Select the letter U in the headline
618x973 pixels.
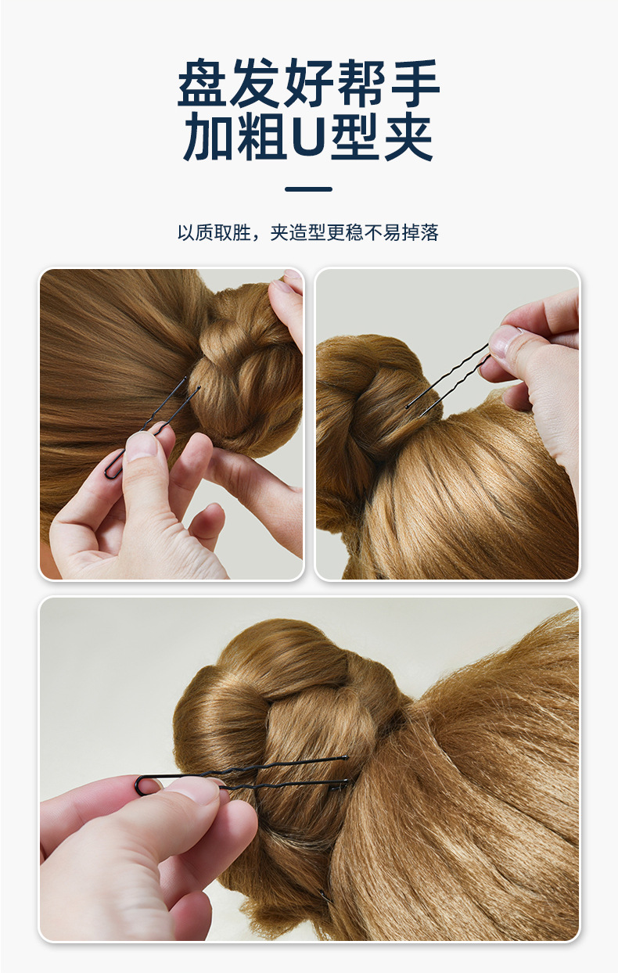click(308, 136)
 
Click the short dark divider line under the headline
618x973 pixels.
click(309, 189)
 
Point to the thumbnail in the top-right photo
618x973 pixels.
click(504, 339)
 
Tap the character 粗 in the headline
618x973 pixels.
click(260, 136)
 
